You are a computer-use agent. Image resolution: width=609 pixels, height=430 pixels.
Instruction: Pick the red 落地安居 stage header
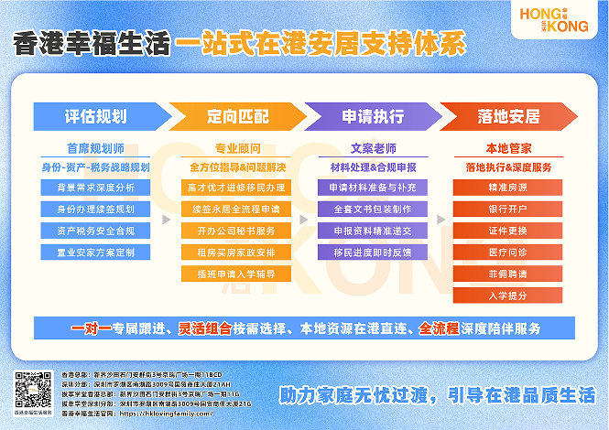pyautogui.click(x=509, y=117)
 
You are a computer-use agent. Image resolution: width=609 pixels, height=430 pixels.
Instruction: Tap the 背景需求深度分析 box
pyautogui.click(x=95, y=188)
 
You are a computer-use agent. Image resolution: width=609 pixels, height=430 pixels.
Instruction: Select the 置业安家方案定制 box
pyautogui.click(x=95, y=252)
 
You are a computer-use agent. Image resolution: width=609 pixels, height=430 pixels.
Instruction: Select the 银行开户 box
pyautogui.click(x=508, y=210)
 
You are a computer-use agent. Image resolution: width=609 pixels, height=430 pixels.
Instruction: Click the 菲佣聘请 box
pyautogui.click(x=508, y=274)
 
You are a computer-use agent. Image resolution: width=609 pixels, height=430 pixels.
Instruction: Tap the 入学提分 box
pyautogui.click(x=508, y=295)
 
